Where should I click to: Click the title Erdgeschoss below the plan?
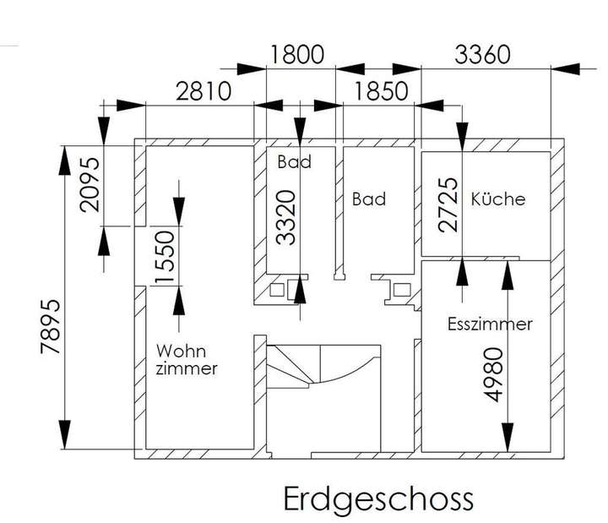point(377,498)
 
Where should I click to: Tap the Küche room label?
point(498,199)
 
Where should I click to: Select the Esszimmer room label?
point(489,324)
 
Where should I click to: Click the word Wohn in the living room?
point(182,350)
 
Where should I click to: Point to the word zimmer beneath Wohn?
point(187,369)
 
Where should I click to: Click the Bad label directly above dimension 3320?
point(294,161)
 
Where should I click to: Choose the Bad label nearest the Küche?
point(369,199)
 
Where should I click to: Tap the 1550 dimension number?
point(166,257)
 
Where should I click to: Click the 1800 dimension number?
point(296,55)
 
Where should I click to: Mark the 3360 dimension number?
point(483,55)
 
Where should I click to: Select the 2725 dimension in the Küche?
point(450,204)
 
